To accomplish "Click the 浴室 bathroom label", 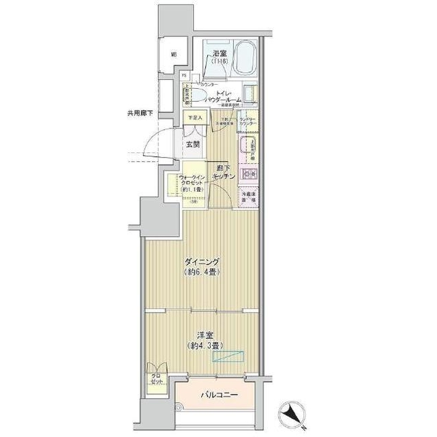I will point(220,53).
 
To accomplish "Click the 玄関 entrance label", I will point(192,144).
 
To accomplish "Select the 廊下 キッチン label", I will point(224,172).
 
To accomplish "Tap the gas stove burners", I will point(247,175).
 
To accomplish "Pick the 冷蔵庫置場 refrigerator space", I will point(248,199).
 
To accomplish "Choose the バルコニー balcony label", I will point(218,395).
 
